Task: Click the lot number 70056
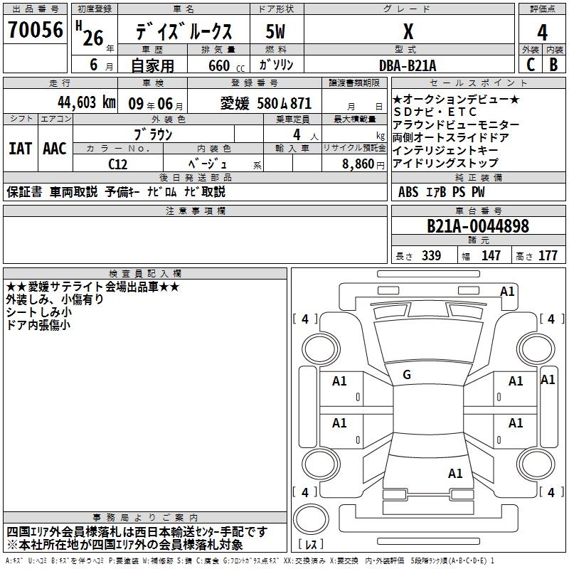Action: pyautogui.click(x=35, y=29)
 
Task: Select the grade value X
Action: pyautogui.click(x=408, y=31)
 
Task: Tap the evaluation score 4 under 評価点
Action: pyautogui.click(x=542, y=33)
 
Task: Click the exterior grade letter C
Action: pyautogui.click(x=530, y=64)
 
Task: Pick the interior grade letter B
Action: pyautogui.click(x=554, y=64)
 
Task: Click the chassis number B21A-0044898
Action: pyautogui.click(x=478, y=226)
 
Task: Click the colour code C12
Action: pyautogui.click(x=118, y=163)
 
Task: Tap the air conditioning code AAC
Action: pyautogui.click(x=54, y=149)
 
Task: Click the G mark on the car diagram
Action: pyautogui.click(x=407, y=375)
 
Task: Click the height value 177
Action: pyautogui.click(x=548, y=256)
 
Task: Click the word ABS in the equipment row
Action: pyautogui.click(x=408, y=192)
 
